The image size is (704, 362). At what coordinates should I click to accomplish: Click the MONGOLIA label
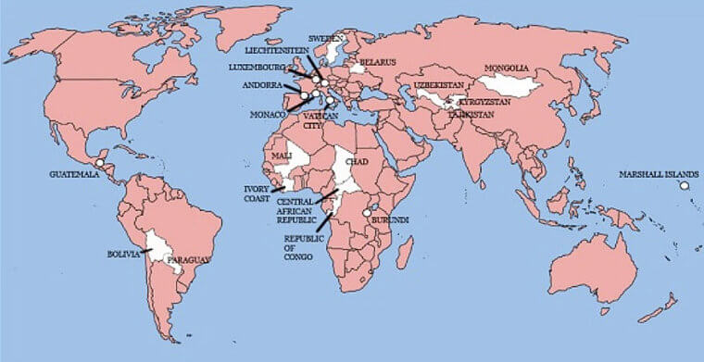[507, 69]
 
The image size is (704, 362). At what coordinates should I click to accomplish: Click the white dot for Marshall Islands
[685, 186]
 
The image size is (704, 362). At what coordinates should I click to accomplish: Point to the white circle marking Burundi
[367, 213]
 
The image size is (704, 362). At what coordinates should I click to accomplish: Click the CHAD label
[357, 162]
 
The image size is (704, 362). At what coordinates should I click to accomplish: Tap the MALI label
[283, 156]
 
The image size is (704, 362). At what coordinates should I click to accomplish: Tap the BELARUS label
[378, 62]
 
